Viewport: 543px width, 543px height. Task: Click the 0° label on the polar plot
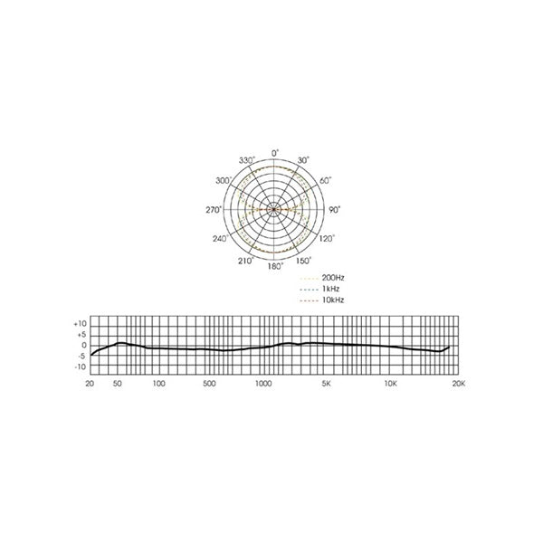[x=275, y=153]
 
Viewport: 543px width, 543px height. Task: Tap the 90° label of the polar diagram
[x=334, y=210]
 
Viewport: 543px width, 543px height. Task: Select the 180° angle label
[x=276, y=266]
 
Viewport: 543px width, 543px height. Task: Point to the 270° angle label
[x=214, y=210]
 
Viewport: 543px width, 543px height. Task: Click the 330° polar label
[x=247, y=160]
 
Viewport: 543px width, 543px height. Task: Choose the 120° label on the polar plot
[x=327, y=239]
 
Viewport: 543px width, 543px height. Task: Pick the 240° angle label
[x=220, y=239]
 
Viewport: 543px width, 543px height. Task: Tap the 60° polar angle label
[x=325, y=181]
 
